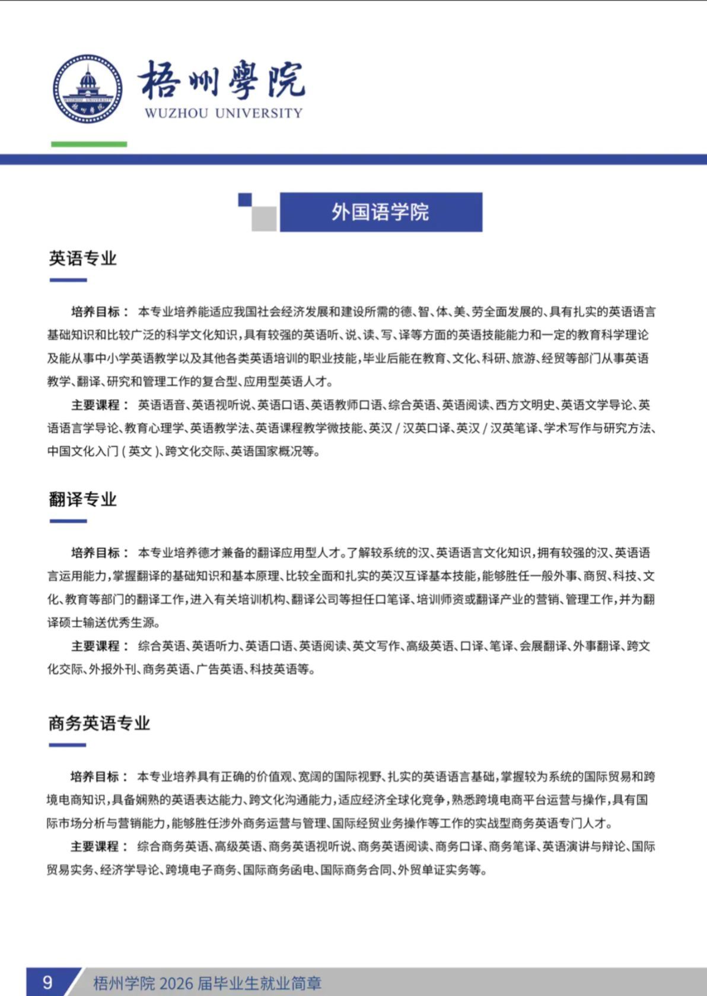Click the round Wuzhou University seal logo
[88, 89]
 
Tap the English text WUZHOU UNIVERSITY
[224, 113]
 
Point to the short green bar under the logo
[89, 144]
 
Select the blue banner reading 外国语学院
[381, 212]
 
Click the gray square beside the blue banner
[264, 219]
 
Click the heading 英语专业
[82, 258]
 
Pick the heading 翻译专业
[82, 499]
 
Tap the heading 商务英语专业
[99, 723]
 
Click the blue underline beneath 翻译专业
[68, 522]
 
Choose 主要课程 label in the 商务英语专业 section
[95, 847]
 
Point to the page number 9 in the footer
[47, 982]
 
